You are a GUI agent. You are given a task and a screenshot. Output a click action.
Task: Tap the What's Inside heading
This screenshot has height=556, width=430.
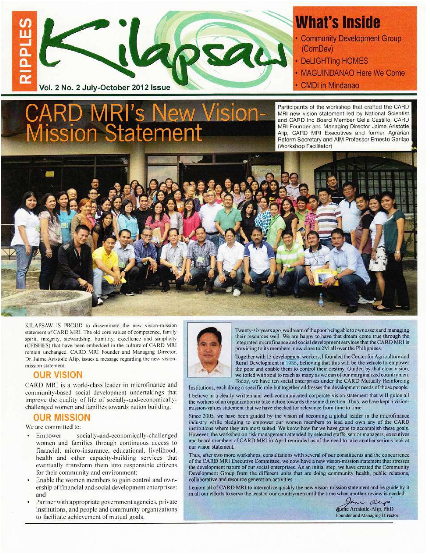[x=338, y=23]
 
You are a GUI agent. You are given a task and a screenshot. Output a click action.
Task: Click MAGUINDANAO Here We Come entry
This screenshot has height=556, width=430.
[x=352, y=73]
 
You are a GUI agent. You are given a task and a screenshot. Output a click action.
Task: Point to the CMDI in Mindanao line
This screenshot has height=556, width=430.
[x=329, y=85]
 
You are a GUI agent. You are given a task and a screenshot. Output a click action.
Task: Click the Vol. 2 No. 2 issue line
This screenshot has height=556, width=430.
[x=105, y=88]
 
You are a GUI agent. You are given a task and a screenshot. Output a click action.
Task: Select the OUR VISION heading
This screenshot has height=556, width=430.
[x=58, y=375]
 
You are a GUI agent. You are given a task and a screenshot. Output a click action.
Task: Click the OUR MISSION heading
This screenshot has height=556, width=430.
[x=62, y=418]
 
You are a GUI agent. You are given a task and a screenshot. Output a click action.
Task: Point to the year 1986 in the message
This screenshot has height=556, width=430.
[x=291, y=363]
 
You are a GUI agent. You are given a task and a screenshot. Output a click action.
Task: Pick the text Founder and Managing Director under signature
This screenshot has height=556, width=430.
[x=367, y=515]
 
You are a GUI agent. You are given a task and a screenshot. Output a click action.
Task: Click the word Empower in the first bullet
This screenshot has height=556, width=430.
[x=49, y=436]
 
